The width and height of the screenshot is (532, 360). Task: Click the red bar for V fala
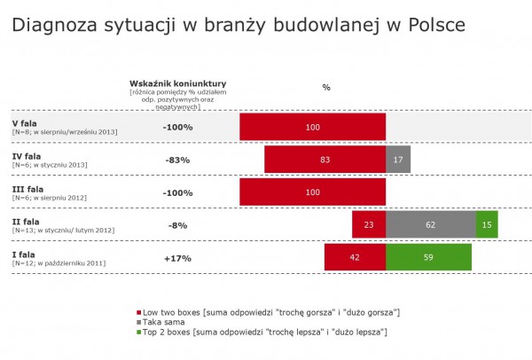tap(312, 128)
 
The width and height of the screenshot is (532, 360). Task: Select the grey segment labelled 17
tap(397, 160)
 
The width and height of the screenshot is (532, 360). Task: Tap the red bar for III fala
tap(312, 192)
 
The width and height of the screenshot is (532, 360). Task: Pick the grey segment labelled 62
tap(430, 225)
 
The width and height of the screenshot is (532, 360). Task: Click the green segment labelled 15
tap(487, 225)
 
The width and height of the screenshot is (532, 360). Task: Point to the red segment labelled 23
tap(369, 225)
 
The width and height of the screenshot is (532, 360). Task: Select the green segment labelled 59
tap(428, 258)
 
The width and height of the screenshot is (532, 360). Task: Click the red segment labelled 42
tap(355, 258)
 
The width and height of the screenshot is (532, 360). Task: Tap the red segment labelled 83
tap(325, 160)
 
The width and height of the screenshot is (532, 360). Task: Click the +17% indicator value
tap(177, 258)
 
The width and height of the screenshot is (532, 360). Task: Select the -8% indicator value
tap(177, 225)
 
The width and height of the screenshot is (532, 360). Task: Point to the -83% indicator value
tap(177, 160)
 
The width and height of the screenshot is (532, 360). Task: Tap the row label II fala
tap(26, 221)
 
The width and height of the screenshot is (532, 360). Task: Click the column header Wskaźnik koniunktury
tap(178, 82)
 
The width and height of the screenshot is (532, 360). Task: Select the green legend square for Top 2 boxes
tap(138, 332)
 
